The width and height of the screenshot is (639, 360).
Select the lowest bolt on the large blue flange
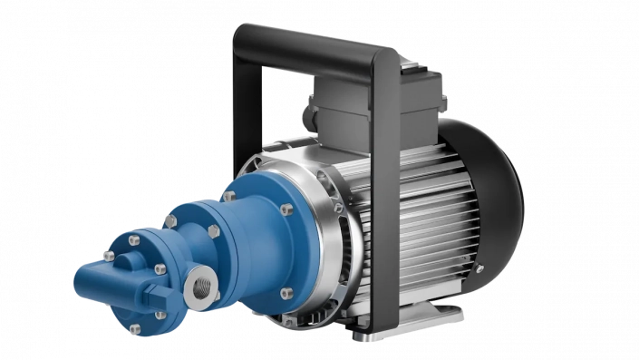[287, 292]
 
